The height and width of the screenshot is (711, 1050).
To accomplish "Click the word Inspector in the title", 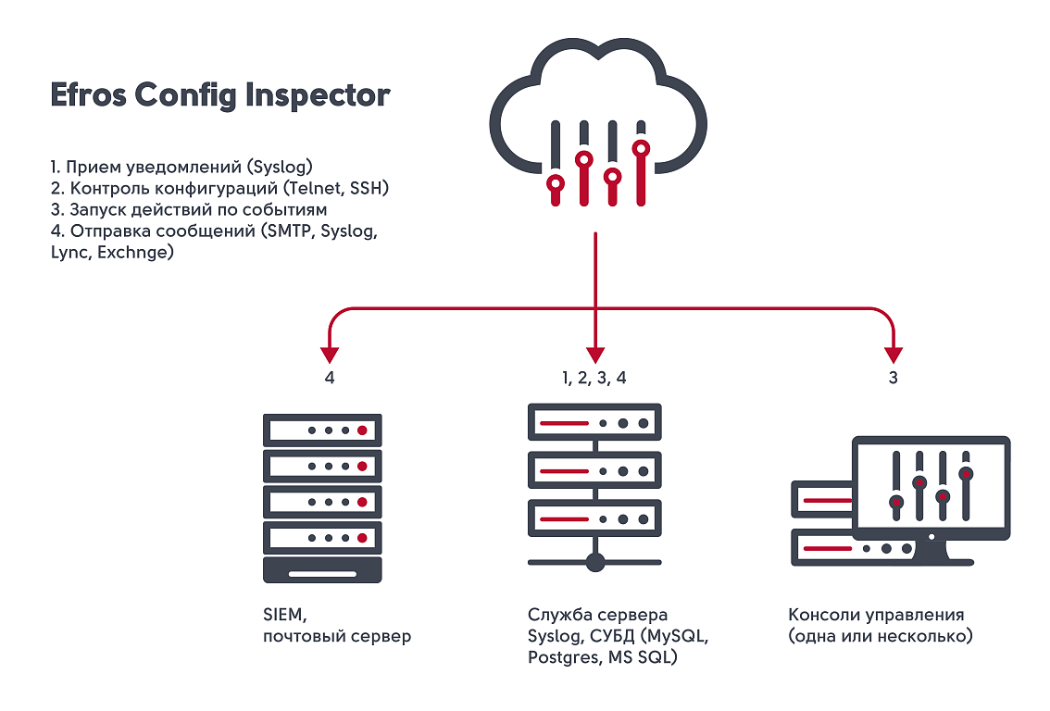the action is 318,95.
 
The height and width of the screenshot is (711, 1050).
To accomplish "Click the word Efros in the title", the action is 88,94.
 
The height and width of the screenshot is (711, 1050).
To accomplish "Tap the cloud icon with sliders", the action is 598,122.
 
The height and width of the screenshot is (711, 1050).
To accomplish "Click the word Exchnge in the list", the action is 132,253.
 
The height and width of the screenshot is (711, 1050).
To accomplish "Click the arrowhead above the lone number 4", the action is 330,355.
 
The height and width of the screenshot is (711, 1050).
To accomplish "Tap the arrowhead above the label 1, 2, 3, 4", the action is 595,355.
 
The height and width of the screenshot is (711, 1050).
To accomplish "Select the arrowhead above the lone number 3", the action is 894,355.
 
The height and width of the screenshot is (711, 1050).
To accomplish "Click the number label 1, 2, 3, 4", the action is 594,379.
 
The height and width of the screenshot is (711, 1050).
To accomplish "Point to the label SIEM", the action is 284,615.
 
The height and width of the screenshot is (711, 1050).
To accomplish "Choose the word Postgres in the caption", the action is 563,657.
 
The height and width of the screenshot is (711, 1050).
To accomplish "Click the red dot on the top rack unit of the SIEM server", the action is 362,430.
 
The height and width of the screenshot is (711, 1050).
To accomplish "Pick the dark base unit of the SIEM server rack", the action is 323,570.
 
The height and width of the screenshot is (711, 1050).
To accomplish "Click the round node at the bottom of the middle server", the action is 595,562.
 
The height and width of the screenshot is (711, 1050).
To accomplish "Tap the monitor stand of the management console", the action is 932,553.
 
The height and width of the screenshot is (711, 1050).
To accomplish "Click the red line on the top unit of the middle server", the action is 565,423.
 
